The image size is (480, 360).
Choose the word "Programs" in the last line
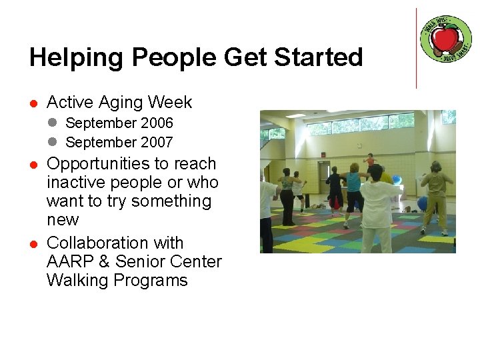151,280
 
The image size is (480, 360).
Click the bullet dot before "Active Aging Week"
32,103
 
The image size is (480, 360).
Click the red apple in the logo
445,39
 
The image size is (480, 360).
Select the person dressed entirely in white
379,207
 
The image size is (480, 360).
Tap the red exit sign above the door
323,155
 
